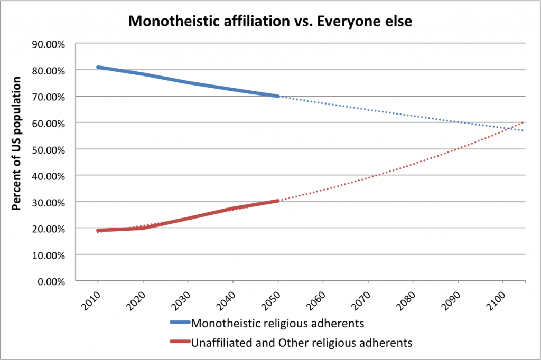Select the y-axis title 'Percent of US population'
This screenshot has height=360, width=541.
point(17,144)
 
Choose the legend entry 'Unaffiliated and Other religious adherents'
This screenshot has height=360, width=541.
point(301,343)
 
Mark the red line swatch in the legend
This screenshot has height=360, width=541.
point(180,343)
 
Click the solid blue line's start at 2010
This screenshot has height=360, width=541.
point(98,67)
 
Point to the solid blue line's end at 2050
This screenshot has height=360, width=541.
point(278,96)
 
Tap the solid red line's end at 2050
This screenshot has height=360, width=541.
point(278,201)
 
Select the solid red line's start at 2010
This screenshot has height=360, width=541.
point(98,231)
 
